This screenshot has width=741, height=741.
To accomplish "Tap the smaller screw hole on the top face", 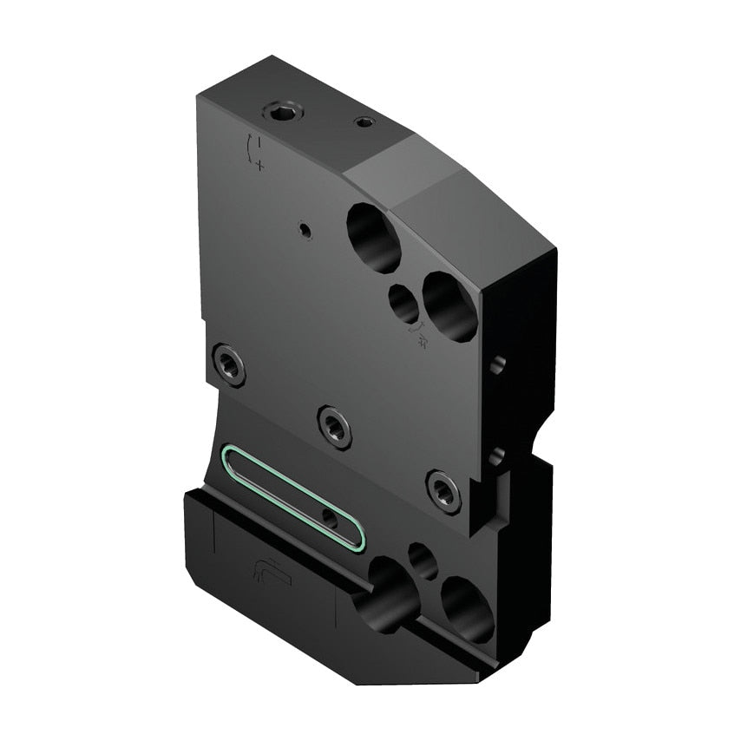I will (364, 122).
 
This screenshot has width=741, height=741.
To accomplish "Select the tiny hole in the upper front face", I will (304, 230).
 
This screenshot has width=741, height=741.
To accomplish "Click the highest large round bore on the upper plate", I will (374, 236).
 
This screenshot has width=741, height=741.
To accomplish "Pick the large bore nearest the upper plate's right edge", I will (449, 306).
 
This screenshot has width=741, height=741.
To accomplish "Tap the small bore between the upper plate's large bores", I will (404, 304).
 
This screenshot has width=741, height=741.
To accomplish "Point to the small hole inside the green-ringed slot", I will (330, 519).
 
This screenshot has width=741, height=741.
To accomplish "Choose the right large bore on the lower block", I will (466, 610).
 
